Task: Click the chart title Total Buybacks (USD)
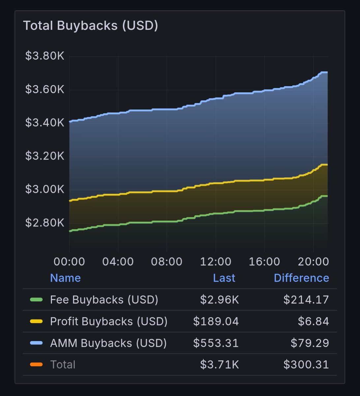pos(90,25)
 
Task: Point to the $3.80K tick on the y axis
pos(45,56)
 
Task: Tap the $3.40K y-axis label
pos(45,123)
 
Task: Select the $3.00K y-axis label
pos(45,189)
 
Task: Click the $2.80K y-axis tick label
pos(45,223)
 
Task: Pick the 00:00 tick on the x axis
pos(69,262)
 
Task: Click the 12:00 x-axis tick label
pos(216,262)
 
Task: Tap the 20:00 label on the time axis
pos(313,262)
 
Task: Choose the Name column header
pos(65,278)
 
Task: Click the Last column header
pos(224,278)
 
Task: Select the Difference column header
pos(301,278)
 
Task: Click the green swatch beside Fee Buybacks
pos(36,300)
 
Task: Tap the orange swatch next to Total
pos(36,365)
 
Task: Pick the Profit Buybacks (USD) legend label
pos(109,321)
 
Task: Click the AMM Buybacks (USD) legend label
pos(108,343)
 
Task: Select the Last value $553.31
pos(216,343)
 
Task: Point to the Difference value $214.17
pos(306,300)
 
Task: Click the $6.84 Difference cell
pos(313,321)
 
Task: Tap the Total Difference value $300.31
pos(306,365)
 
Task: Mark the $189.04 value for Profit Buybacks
pos(216,321)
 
